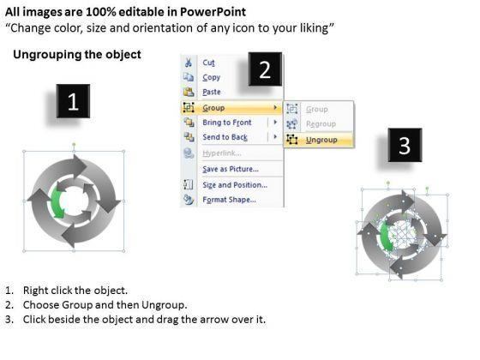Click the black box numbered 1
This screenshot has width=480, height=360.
[x=73, y=101]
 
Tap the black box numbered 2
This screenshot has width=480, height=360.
[x=265, y=69]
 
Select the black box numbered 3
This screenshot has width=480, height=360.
[x=405, y=145]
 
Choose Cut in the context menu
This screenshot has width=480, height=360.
[x=208, y=63]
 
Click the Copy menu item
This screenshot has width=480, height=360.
[x=211, y=77]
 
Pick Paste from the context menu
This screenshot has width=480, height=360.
[x=212, y=92]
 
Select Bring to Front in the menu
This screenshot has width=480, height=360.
[x=227, y=123]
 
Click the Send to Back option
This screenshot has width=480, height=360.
[x=225, y=137]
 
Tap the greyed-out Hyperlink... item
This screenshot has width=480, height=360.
[x=222, y=153]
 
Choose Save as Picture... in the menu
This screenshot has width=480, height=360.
[x=231, y=169]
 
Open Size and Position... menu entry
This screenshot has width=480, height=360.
[x=235, y=185]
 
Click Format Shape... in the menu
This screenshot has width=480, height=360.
[x=230, y=200]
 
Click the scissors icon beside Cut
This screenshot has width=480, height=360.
[x=189, y=63]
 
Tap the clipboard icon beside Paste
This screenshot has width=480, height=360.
[x=189, y=92]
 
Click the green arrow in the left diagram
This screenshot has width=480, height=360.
[x=57, y=203]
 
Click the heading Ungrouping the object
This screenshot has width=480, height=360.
[x=77, y=55]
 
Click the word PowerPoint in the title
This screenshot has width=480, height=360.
[x=213, y=12]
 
